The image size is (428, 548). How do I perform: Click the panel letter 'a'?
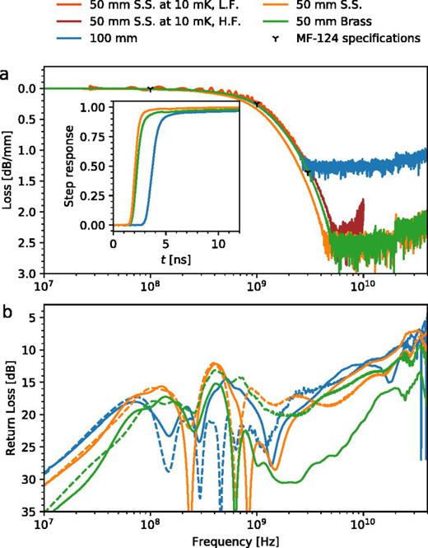[7, 73]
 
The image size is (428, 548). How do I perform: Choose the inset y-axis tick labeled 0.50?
[96, 166]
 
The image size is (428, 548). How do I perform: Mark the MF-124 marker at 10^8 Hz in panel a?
[150, 89]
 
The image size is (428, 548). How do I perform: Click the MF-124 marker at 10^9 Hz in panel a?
[257, 105]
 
